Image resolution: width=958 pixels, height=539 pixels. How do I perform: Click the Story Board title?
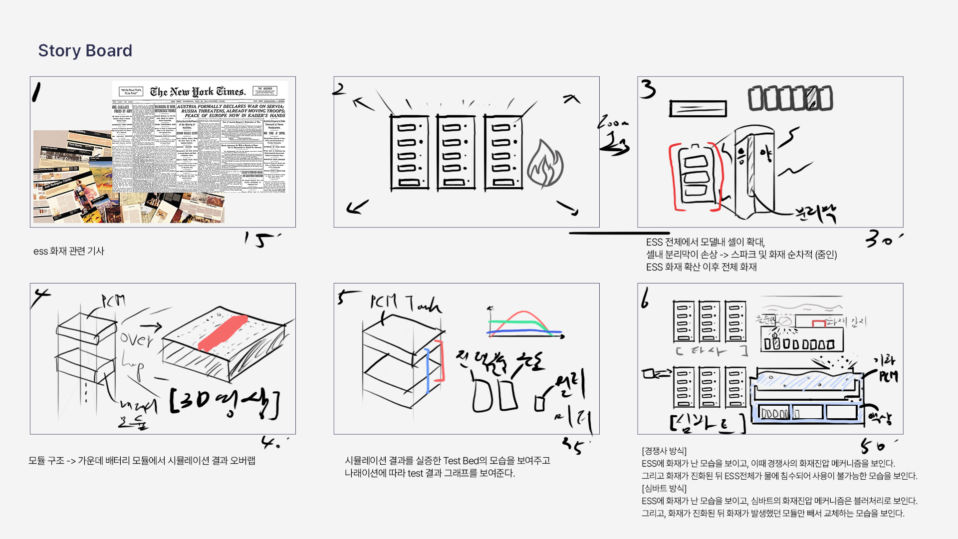pos(85,50)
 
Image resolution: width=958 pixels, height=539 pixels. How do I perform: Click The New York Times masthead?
pos(198,92)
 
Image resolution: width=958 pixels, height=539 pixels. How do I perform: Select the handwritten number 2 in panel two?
pos(339,89)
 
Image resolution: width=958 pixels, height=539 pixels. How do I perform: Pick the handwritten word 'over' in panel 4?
pos(136,339)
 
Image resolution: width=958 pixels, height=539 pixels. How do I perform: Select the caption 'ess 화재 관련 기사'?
pos(69,251)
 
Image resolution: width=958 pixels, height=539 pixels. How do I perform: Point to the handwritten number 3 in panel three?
pos(648,89)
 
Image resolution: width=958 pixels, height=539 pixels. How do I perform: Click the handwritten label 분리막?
pos(816,213)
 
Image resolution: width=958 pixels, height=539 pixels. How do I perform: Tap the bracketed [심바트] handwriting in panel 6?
pos(707,423)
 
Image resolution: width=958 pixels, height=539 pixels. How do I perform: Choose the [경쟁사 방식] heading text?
pos(664,451)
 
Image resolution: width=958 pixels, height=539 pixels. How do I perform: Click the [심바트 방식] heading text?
pos(664,489)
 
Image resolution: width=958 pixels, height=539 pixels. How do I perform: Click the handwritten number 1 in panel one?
pos(36,92)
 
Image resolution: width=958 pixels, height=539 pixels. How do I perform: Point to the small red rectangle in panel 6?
pos(818,323)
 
